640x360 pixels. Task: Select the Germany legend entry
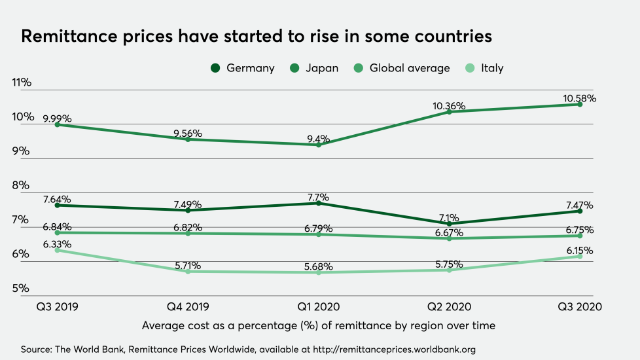coord(243,68)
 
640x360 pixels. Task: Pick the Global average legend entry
coord(402,68)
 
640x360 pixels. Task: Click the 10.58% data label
coord(580,98)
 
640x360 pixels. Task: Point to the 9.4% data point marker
coord(319,145)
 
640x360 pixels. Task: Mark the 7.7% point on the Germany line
coord(319,203)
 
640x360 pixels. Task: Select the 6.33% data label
coord(58,244)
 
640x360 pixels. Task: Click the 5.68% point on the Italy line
coord(319,272)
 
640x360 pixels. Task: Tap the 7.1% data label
coord(450,218)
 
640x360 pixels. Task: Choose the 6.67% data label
coord(450,232)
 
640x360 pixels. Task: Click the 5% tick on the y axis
coord(22,289)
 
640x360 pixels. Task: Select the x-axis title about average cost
coord(318,325)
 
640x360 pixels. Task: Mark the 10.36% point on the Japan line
coord(450,112)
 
